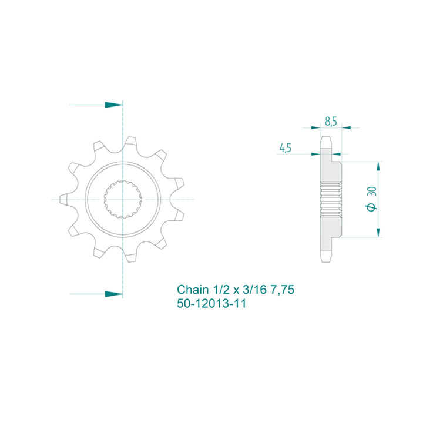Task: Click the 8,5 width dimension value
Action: (x=330, y=122)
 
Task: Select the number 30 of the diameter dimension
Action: (x=370, y=192)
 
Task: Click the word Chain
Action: (x=193, y=290)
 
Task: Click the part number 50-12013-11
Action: (x=211, y=304)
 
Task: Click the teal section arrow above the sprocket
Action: (x=113, y=105)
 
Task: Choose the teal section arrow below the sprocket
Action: (x=113, y=292)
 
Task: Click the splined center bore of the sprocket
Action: (x=123, y=200)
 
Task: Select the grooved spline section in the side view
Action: (x=330, y=199)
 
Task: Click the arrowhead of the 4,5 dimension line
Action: (x=317, y=155)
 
